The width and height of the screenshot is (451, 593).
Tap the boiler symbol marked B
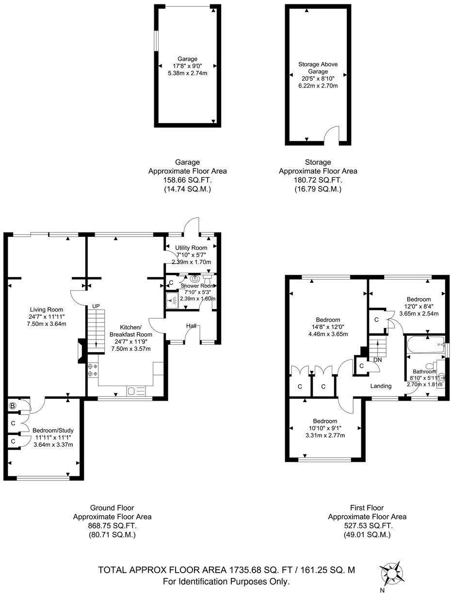click(13, 405)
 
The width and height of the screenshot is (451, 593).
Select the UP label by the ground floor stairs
click(97, 306)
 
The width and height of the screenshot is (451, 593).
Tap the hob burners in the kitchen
click(93, 370)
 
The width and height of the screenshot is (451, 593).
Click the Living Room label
click(47, 310)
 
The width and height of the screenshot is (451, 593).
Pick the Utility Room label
click(191, 248)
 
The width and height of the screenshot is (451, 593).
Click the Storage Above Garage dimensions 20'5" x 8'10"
click(318, 78)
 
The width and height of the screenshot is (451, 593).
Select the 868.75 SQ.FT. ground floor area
click(112, 526)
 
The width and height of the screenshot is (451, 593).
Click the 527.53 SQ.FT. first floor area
click(367, 526)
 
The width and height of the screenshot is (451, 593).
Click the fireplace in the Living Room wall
click(81, 350)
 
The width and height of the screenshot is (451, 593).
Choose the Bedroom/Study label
click(53, 430)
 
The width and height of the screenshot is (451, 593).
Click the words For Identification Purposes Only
click(226, 581)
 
